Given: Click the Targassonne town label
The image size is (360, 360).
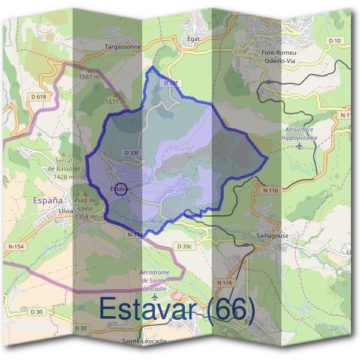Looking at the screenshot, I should [x=122, y=46].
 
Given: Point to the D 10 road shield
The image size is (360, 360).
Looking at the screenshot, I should [x=337, y=41].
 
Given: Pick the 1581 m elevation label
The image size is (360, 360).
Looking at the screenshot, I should [x=89, y=77].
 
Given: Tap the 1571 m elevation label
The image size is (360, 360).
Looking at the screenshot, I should [x=115, y=102].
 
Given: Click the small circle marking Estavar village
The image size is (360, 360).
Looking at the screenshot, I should [x=120, y=190].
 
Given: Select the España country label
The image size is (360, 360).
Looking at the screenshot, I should [x=49, y=200].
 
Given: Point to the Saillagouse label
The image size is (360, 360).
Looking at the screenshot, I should [x=272, y=236].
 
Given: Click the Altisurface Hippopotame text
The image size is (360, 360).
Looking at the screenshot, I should [x=299, y=133].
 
